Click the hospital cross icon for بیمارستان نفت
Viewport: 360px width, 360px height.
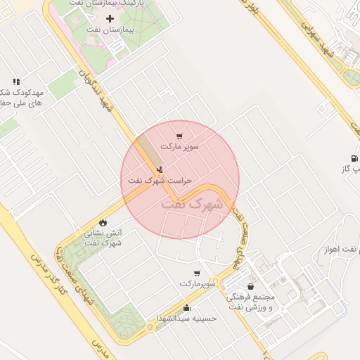[x=109, y=18]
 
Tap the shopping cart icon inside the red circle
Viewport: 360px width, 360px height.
[x=180, y=136]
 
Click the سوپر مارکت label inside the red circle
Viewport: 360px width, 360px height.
[x=180, y=147]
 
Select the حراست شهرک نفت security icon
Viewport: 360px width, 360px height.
[x=160, y=169]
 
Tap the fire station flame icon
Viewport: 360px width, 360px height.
[x=104, y=221]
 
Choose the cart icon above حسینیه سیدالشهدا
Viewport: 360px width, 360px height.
[x=196, y=273]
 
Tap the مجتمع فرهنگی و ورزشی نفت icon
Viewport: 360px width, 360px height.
[x=250, y=287]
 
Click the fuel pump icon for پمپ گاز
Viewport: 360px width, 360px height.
[x=353, y=158]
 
